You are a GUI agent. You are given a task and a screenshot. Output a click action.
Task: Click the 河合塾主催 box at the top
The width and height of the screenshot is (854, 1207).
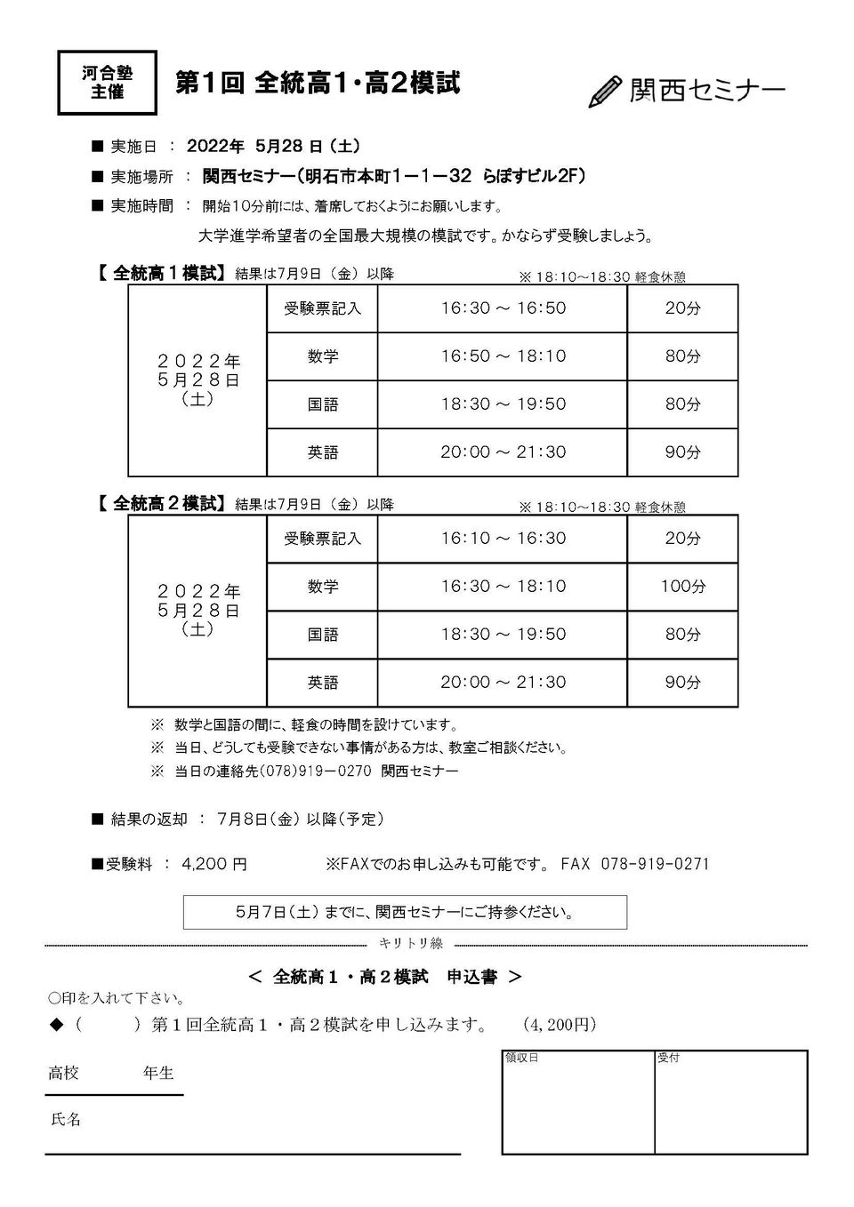pyautogui.click(x=107, y=83)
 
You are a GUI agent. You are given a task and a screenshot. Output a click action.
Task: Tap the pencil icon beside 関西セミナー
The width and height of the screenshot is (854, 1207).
pyautogui.click(x=604, y=92)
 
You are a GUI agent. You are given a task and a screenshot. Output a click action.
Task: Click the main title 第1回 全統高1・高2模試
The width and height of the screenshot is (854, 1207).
pyautogui.click(x=318, y=84)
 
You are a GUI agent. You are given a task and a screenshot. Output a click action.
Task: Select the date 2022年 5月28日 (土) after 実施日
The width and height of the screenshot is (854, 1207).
pyautogui.click(x=273, y=147)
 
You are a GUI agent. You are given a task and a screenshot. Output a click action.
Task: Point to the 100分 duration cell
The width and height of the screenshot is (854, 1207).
pyautogui.click(x=682, y=587)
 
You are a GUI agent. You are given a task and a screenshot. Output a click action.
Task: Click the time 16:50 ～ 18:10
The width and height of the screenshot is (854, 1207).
pyautogui.click(x=503, y=356)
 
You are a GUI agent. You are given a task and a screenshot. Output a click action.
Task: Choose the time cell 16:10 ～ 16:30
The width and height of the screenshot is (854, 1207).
pyautogui.click(x=503, y=539)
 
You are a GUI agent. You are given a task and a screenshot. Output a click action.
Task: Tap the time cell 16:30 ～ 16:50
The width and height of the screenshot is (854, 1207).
pyautogui.click(x=503, y=308)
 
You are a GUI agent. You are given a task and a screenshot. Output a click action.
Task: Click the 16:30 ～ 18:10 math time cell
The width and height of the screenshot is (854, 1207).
pyautogui.click(x=503, y=587)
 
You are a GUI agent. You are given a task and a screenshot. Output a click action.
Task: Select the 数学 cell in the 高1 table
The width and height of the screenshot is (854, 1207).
pyautogui.click(x=322, y=356)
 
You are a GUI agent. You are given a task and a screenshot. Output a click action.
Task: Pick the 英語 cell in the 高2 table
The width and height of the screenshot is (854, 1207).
pyautogui.click(x=322, y=683)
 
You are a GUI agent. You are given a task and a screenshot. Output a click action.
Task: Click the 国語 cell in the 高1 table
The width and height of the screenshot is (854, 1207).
pyautogui.click(x=322, y=404)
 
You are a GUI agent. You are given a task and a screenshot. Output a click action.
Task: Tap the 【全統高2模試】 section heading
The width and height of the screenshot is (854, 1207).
pyautogui.click(x=159, y=504)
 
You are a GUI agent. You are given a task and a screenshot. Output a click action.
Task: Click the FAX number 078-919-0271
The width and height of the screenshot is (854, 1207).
pyautogui.click(x=656, y=864)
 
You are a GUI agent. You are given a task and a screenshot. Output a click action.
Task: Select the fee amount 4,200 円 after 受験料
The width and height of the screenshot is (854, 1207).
pyautogui.click(x=214, y=864)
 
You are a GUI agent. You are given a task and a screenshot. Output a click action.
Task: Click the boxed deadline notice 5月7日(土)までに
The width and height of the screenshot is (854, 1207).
pyautogui.click(x=405, y=912)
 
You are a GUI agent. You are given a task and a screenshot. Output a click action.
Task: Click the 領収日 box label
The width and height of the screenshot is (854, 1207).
pyautogui.click(x=522, y=1058)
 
